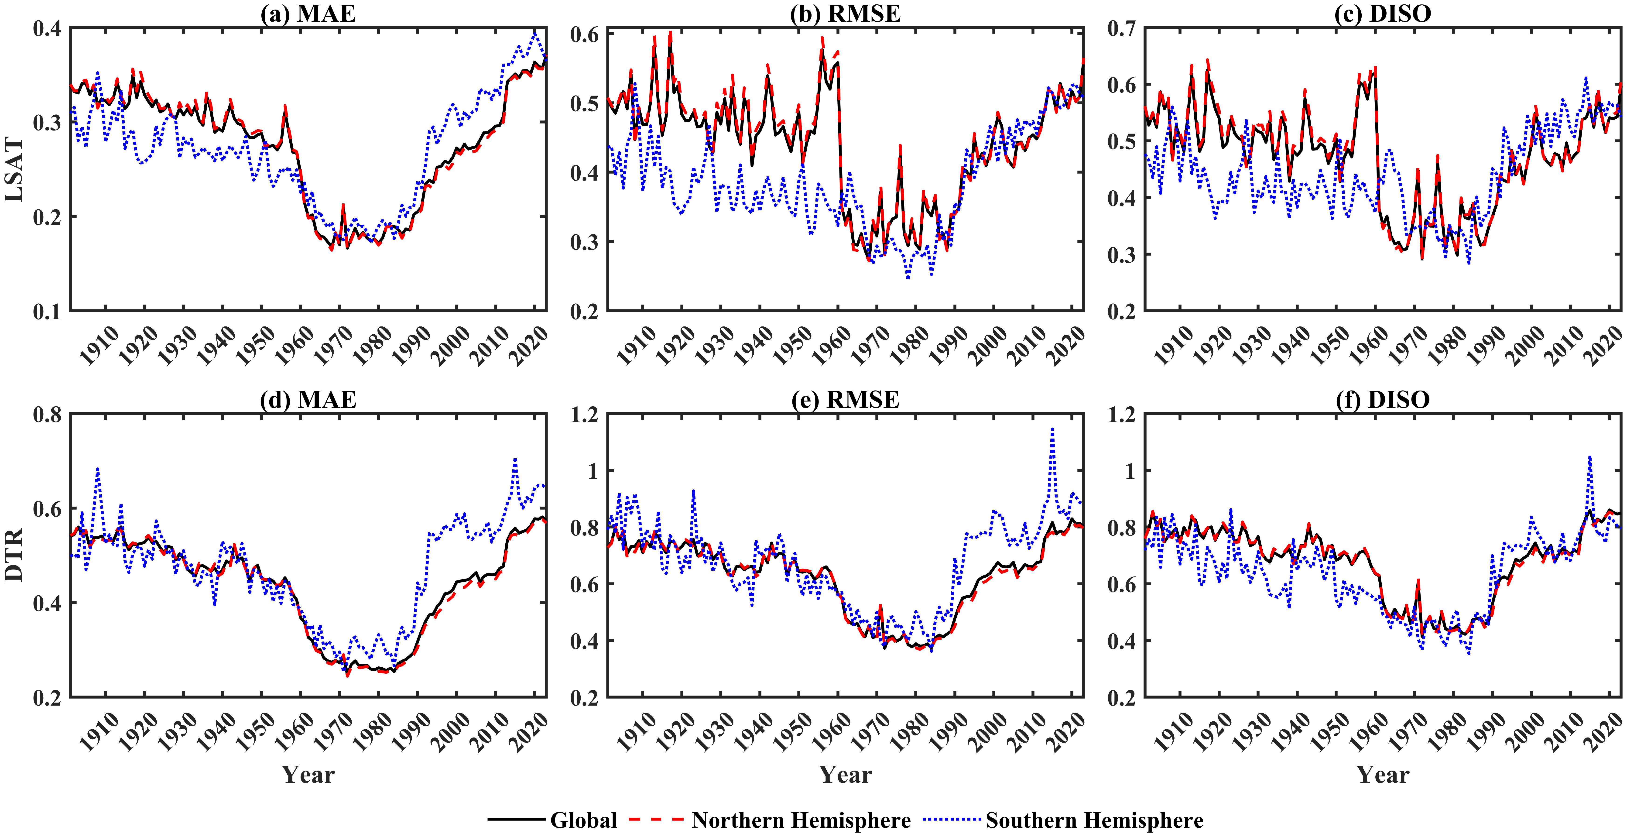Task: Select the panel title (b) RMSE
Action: [x=845, y=13]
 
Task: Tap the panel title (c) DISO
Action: [x=1383, y=13]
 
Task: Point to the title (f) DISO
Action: [x=1383, y=400]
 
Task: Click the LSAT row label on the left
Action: [x=14, y=169]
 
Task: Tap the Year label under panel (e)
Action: [x=845, y=775]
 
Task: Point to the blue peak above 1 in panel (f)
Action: [x=1589, y=457]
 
